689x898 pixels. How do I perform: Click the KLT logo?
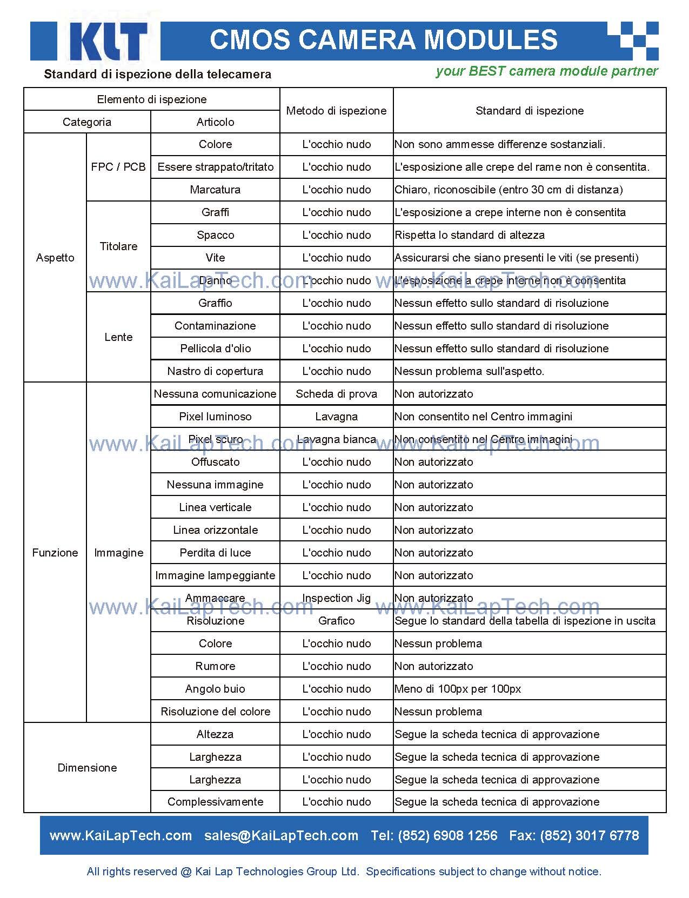point(108,41)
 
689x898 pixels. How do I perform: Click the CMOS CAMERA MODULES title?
point(383,40)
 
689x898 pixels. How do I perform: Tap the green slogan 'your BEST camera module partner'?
point(546,71)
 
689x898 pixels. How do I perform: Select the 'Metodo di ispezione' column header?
point(336,111)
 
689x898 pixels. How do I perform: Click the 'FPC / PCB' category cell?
point(118,167)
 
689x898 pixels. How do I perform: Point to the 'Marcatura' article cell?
point(215,190)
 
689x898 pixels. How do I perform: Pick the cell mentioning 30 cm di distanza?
point(509,190)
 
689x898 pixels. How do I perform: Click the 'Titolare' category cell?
point(118,246)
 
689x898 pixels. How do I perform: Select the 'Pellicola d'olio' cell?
point(215,349)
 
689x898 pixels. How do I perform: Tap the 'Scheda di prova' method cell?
point(336,394)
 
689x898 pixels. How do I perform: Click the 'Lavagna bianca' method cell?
point(336,439)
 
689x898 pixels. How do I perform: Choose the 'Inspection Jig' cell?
point(336,598)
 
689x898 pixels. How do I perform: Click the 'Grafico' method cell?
point(336,621)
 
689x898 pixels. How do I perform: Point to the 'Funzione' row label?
point(55,553)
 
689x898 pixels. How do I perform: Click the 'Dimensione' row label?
point(87,768)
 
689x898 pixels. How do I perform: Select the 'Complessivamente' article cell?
point(215,802)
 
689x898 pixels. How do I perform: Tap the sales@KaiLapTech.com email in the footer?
point(281,836)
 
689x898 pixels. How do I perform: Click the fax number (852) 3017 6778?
point(574,836)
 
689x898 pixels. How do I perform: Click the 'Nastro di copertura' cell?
point(215,371)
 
